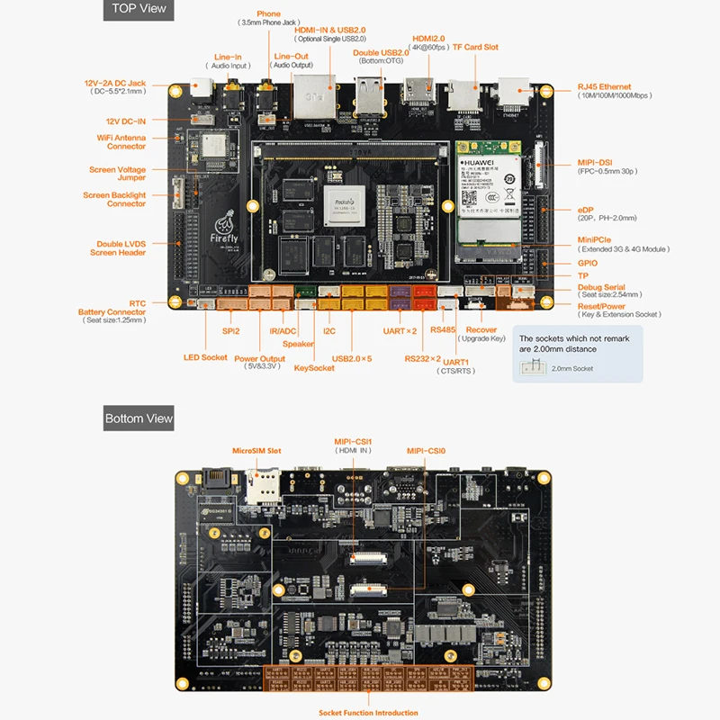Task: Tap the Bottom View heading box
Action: [x=138, y=418]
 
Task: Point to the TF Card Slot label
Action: [x=475, y=47]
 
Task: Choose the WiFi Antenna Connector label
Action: [x=121, y=142]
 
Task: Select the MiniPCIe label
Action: [x=596, y=240]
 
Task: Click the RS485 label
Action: [x=443, y=329]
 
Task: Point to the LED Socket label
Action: [x=205, y=357]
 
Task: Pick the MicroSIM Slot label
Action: [x=256, y=450]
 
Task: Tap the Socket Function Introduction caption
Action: [x=368, y=713]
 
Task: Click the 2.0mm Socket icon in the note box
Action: [x=532, y=366]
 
